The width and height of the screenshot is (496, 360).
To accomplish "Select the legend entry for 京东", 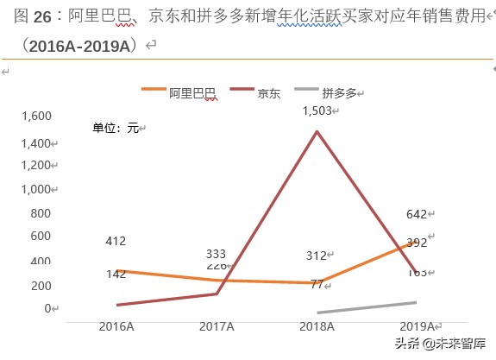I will (x=268, y=92).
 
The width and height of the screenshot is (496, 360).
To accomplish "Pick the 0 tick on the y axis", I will (x=48, y=308).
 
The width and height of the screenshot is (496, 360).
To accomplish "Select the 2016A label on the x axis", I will (x=116, y=326).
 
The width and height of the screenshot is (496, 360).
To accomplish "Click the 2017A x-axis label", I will (x=217, y=326).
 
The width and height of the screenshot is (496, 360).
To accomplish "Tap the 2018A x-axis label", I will (x=317, y=326).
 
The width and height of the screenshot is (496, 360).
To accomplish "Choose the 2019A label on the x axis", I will (x=418, y=326).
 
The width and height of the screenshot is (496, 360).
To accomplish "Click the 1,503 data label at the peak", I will (x=317, y=111).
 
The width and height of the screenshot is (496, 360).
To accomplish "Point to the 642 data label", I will (x=418, y=214).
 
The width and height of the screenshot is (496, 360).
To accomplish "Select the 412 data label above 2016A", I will (x=116, y=242).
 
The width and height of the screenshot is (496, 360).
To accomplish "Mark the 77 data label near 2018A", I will (x=317, y=282).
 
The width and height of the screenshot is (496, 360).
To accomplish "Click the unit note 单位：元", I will (x=115, y=128).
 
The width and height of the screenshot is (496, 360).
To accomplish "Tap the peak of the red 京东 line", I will (x=317, y=131).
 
